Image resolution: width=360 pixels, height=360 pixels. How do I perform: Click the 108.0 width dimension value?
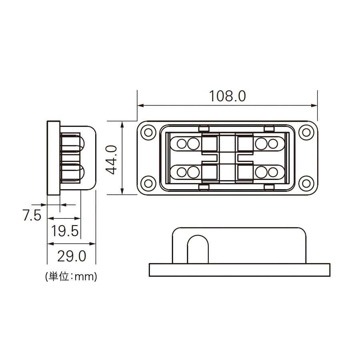click(x=227, y=96)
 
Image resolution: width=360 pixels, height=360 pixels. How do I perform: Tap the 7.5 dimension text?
click(x=32, y=216)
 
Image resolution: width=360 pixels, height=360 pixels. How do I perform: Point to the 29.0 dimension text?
click(x=72, y=256)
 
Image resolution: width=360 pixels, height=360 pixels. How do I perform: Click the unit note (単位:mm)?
click(x=71, y=276)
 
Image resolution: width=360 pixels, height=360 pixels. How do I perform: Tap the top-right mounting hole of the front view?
click(x=306, y=132)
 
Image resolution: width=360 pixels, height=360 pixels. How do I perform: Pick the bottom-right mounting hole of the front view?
click(x=306, y=184)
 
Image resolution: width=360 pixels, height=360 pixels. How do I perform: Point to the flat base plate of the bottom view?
click(x=239, y=270)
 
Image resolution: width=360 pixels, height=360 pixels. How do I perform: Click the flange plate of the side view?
click(x=53, y=158)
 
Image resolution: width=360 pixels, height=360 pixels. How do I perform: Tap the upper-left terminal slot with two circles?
click(x=186, y=143)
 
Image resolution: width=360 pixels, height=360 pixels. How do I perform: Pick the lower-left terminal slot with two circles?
click(x=186, y=172)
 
